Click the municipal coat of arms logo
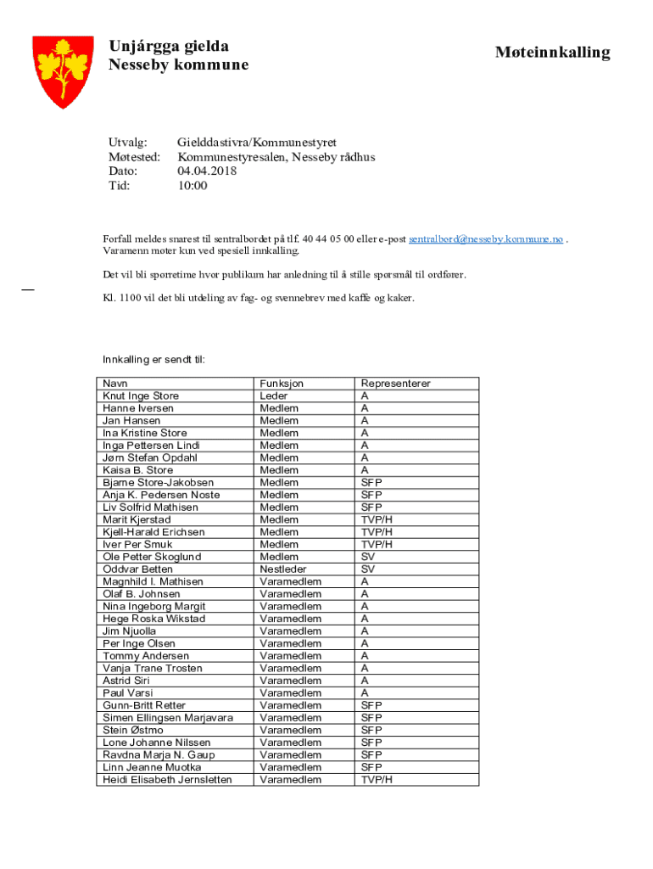(x=63, y=71)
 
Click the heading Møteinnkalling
(x=552, y=53)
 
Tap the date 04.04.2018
(x=207, y=171)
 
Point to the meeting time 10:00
(x=192, y=185)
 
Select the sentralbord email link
(x=486, y=239)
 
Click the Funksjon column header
(x=282, y=384)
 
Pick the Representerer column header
(x=395, y=384)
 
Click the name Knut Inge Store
(x=141, y=396)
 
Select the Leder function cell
(x=274, y=396)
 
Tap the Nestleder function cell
(x=283, y=569)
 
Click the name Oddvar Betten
(x=137, y=569)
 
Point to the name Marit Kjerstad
(x=137, y=519)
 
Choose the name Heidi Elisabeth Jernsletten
(x=167, y=779)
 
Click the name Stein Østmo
(x=133, y=730)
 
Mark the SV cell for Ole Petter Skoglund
(x=368, y=557)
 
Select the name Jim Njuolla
(x=130, y=631)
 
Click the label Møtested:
(x=135, y=157)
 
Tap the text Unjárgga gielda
(x=169, y=46)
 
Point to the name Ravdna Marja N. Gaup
(x=159, y=754)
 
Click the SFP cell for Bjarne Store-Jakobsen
(x=371, y=483)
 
